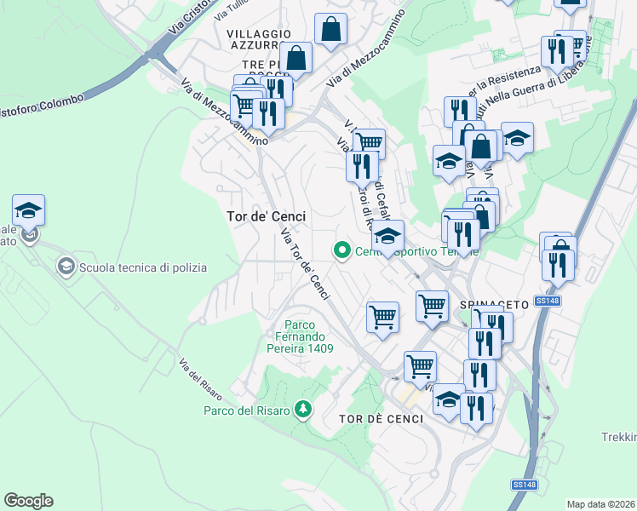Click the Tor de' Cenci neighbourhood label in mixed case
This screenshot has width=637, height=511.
coord(266,216)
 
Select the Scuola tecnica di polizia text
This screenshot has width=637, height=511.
coord(143,267)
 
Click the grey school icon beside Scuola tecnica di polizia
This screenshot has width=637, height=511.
coord(66,267)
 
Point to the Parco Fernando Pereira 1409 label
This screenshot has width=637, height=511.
coord(297,336)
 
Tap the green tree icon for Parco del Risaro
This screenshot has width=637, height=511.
coord(301,410)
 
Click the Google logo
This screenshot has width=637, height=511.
coord(28,501)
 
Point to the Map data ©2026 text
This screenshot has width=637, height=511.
coord(601,503)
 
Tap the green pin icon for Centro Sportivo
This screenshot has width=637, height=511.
coord(342,250)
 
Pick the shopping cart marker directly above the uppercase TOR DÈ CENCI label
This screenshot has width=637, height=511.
coord(419,367)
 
